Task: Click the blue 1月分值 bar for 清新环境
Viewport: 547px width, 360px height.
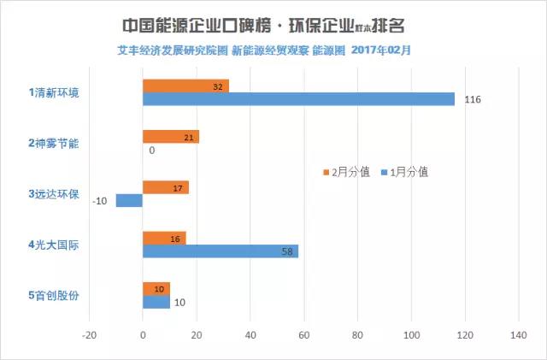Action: (x=299, y=99)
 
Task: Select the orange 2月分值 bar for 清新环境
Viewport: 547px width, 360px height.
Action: (x=185, y=86)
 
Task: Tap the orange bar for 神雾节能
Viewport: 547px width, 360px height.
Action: (x=171, y=137)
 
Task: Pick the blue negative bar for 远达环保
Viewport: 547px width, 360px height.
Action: (x=129, y=201)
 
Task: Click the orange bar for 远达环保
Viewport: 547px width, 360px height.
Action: (x=165, y=187)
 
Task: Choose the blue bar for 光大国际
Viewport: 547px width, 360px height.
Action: (x=221, y=251)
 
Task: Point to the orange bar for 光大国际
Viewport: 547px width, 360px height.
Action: (x=164, y=238)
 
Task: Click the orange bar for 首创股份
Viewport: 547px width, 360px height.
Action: (x=156, y=289)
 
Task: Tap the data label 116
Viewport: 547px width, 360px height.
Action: (x=473, y=100)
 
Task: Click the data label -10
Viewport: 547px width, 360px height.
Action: (x=101, y=202)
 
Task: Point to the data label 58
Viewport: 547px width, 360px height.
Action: (x=287, y=252)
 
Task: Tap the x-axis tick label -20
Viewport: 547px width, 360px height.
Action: (x=87, y=336)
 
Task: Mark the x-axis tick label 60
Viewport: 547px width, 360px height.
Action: (x=304, y=336)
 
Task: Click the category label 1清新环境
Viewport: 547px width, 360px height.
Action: (x=53, y=91)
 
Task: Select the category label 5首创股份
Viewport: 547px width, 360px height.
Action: (x=53, y=296)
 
